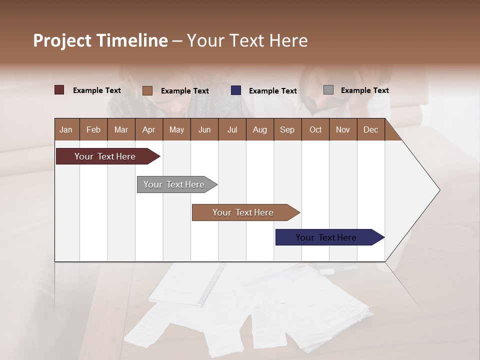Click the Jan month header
coord(66,129)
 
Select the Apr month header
coord(148,129)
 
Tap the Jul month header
coord(232,129)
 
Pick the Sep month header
coord(287,129)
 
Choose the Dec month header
coord(370,129)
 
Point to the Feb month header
coord(93,129)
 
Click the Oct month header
coord(315,129)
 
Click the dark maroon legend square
coord(59,90)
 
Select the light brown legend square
coord(147,90)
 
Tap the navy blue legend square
coord(236,90)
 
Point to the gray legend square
coord(328,90)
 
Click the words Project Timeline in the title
coord(100,40)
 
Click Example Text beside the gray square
coord(364,90)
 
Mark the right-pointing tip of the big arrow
coord(438,190)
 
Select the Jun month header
coord(204,129)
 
